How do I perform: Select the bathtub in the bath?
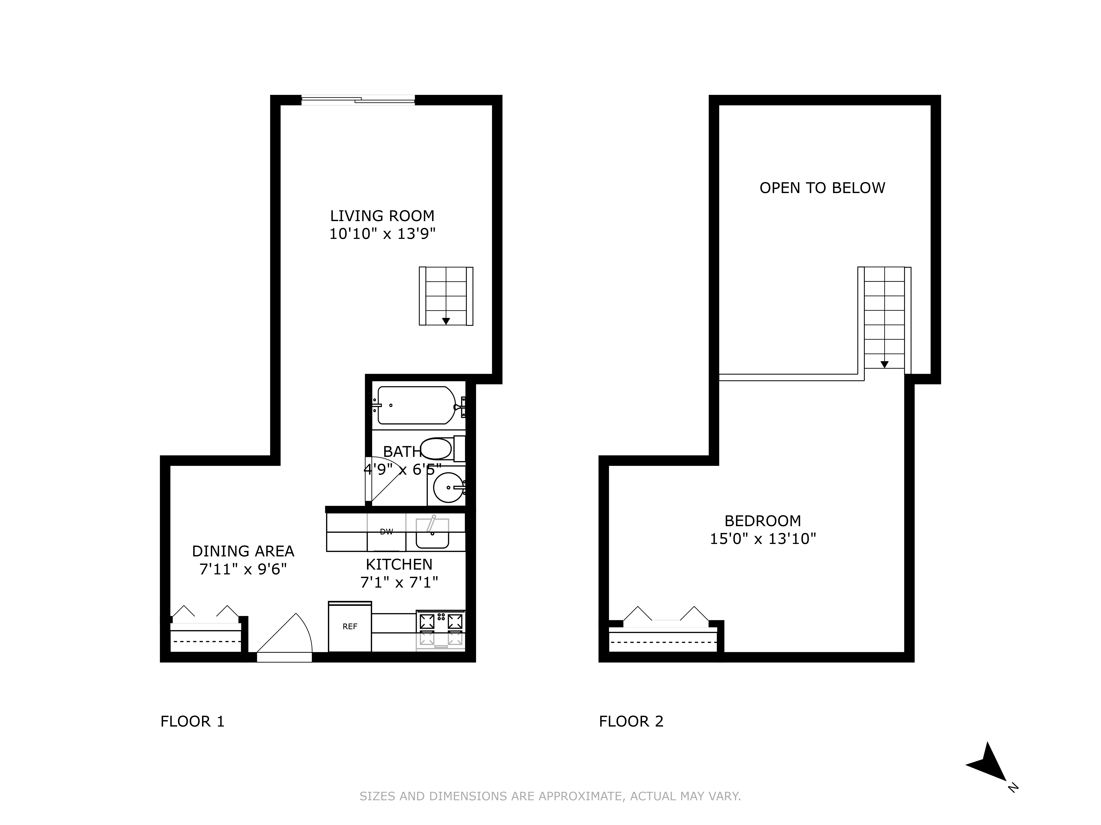[416, 405]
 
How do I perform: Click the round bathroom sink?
[448, 487]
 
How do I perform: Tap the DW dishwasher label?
[386, 532]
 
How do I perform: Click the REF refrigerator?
[350, 627]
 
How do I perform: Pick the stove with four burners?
[441, 630]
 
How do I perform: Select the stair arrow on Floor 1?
[446, 321]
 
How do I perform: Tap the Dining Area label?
[243, 551]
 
